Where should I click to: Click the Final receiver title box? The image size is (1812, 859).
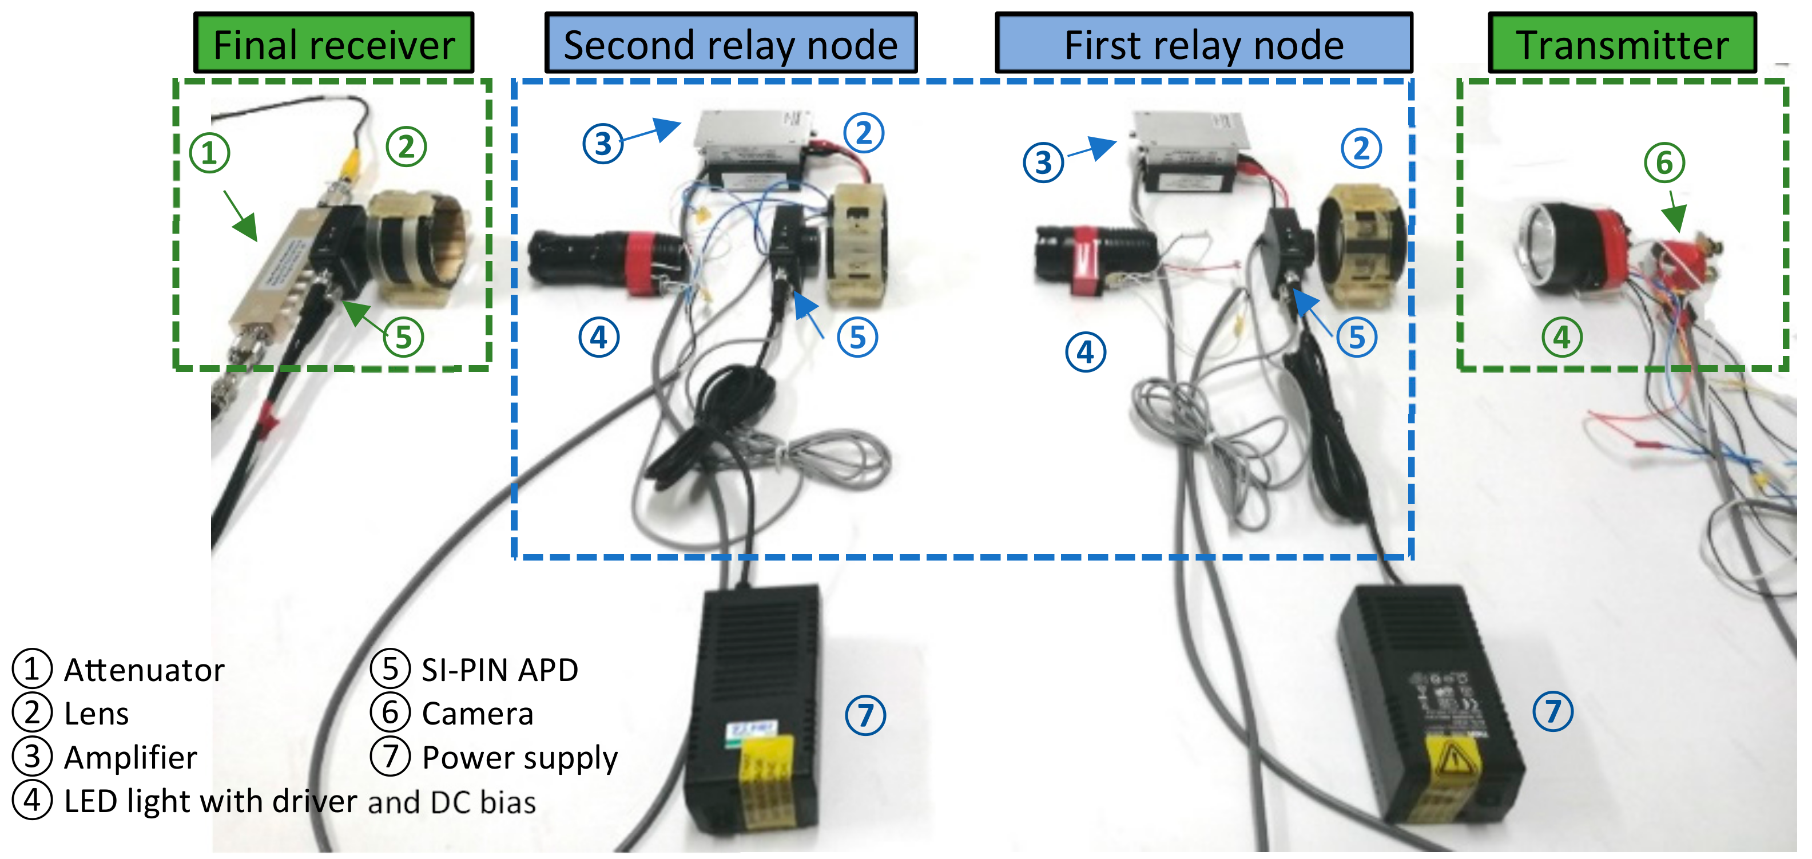coord(333,43)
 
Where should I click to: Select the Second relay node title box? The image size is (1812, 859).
coord(731,43)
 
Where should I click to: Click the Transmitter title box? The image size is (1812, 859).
coord(1622,43)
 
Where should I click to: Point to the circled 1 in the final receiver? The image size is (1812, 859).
coord(209,153)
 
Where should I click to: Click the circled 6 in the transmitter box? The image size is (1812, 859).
coord(1664,163)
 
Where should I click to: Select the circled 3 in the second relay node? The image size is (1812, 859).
coord(603,144)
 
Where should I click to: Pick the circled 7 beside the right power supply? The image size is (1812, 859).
coord(1552,711)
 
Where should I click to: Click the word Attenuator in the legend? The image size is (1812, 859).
coord(144,670)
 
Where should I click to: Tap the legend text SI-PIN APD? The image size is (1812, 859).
coord(499,670)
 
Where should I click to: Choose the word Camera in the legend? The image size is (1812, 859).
coord(477,714)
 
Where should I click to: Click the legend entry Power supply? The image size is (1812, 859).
coord(519,758)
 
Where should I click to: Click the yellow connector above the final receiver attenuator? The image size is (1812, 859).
coord(349,165)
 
